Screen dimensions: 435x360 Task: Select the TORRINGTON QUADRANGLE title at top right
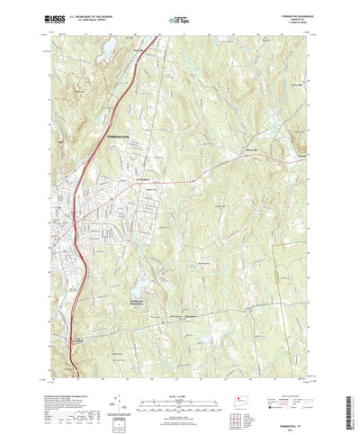pos(285,14)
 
